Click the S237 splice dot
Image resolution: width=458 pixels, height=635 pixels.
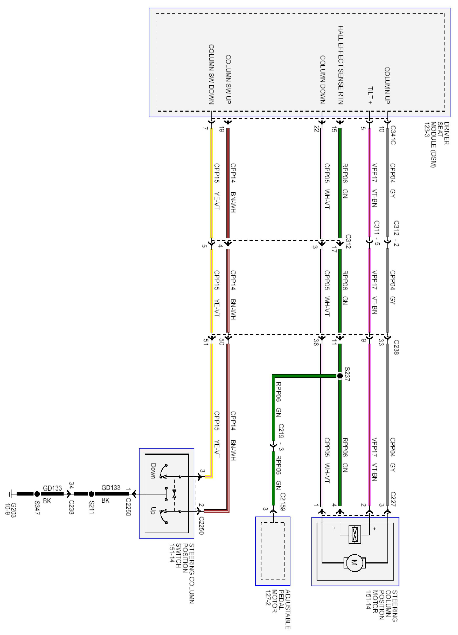[340, 376]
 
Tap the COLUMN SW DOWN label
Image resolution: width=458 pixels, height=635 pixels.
[211, 74]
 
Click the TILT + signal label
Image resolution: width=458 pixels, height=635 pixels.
[370, 95]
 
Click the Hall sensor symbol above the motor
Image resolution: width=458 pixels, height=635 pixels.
[354, 531]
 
